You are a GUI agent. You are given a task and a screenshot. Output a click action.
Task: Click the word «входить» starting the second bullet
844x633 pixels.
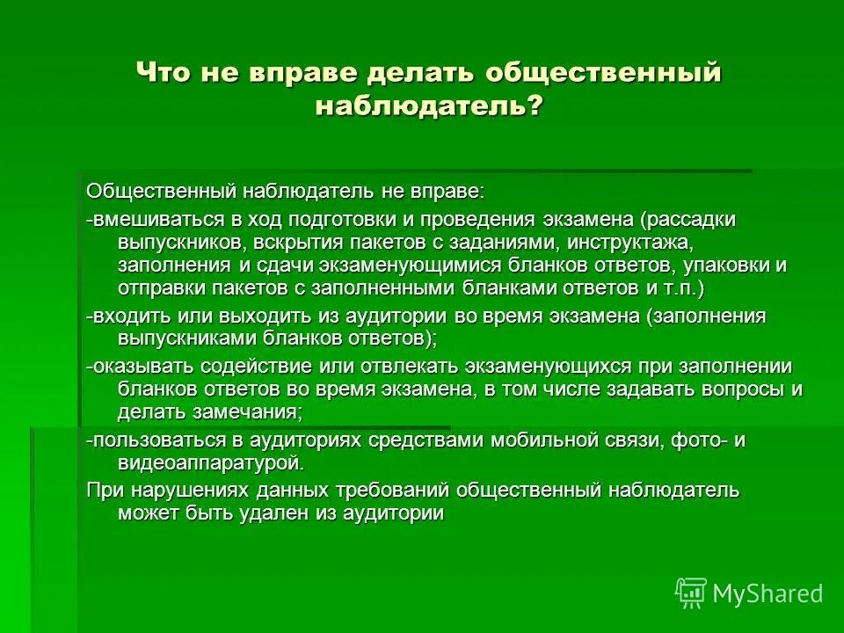click(x=125, y=316)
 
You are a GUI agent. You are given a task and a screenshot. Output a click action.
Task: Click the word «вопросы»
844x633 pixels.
click(x=739, y=389)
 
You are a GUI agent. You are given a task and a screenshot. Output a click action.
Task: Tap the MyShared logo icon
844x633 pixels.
click(x=691, y=593)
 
